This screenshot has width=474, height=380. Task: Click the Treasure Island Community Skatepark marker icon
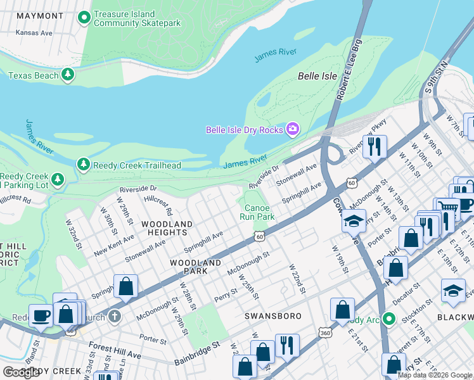coord(84,18)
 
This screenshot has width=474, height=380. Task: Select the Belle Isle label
coord(317,76)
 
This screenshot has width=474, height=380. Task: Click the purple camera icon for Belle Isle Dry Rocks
coord(293,130)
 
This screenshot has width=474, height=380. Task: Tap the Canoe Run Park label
coord(259,212)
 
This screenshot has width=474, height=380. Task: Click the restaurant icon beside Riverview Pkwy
coord(375,146)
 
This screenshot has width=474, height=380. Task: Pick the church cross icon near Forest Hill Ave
coord(115,315)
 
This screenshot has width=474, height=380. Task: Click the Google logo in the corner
coord(21,372)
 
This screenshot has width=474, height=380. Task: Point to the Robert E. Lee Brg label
coord(348,75)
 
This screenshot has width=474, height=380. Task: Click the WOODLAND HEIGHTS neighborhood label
coord(167,229)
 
